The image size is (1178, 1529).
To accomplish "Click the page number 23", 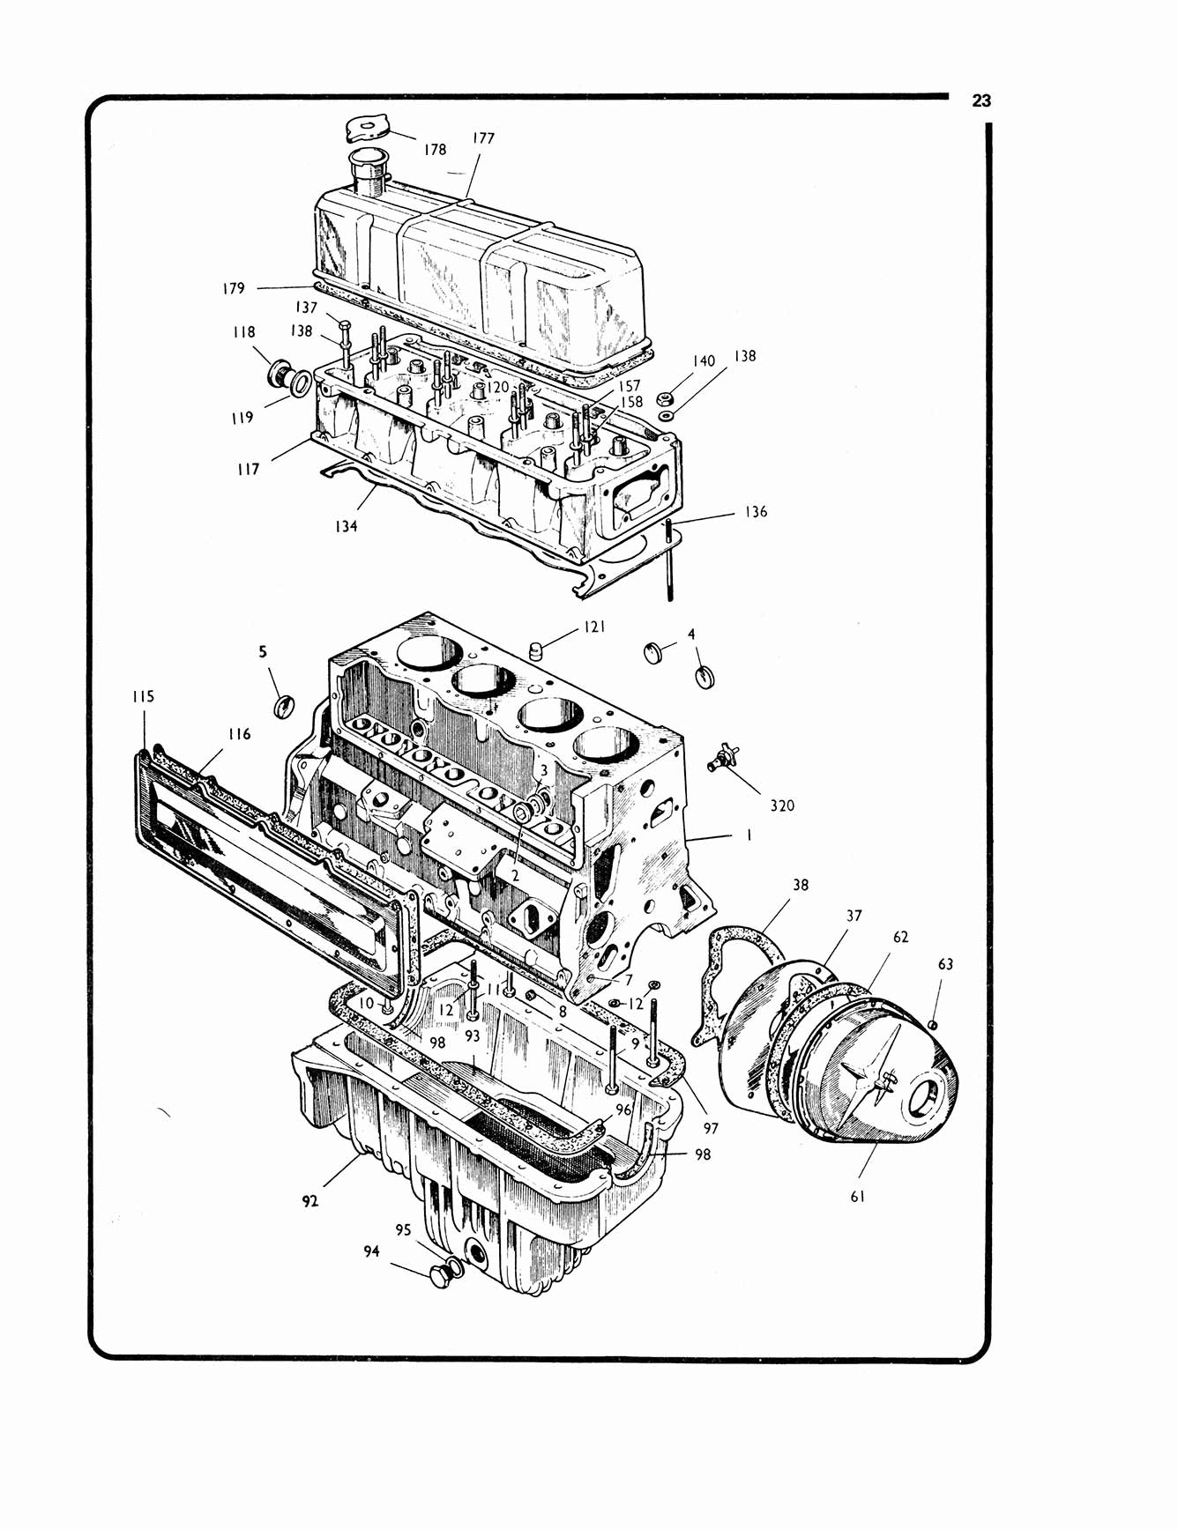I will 981,101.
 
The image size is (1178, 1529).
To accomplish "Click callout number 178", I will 435,150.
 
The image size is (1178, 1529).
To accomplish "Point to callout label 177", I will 483,138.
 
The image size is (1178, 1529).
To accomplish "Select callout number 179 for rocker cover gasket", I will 233,288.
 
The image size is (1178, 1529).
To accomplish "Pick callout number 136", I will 756,512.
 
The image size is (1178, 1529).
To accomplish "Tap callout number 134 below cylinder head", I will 346,526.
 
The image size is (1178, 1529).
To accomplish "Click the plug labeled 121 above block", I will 534,651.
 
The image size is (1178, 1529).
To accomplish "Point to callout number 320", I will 781,805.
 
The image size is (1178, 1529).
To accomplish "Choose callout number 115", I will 143,696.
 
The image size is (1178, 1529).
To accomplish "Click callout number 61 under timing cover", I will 857,1196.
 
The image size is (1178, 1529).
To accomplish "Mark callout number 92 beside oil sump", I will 309,1201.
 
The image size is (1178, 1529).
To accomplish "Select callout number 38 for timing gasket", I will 800,885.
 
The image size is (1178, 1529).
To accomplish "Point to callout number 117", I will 249,470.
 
